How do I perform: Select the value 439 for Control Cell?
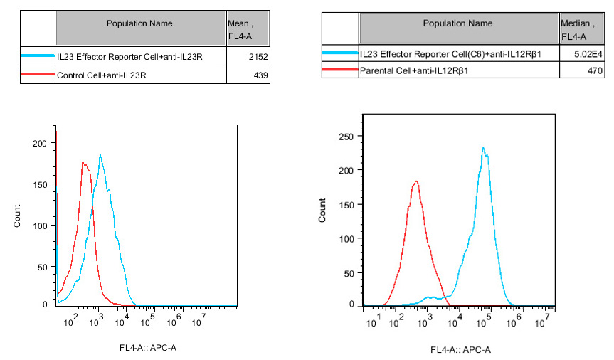click(260, 75)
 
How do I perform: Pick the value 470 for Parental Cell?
click(595, 70)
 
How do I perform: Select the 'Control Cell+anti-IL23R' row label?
click(100, 75)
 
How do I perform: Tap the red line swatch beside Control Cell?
click(38, 75)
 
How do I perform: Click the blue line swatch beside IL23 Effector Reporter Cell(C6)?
click(340, 53)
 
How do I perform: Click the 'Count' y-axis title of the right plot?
click(323, 211)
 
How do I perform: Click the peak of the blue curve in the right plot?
click(483, 147)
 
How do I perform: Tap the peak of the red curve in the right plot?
click(416, 181)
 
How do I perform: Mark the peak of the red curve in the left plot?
click(83, 162)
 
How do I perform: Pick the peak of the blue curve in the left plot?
click(100, 155)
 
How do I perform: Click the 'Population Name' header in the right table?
click(458, 23)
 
